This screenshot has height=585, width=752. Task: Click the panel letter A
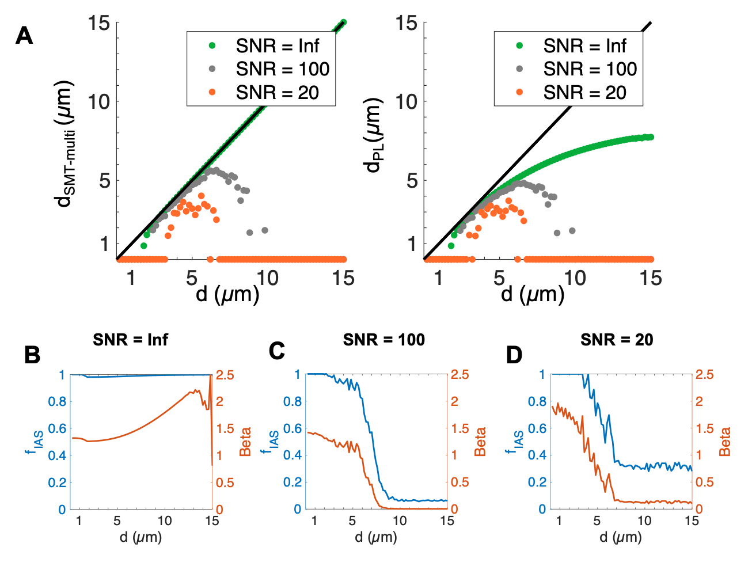coord(24,36)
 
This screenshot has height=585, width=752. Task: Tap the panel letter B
coord(32,355)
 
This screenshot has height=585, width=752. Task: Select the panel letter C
coord(277,351)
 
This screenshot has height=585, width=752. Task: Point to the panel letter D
coord(514,355)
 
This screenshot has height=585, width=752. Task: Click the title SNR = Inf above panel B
coord(130,340)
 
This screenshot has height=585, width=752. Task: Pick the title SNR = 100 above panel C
coord(383,340)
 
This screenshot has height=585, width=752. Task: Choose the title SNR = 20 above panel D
coord(617,340)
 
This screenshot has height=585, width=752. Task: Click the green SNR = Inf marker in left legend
coord(212,45)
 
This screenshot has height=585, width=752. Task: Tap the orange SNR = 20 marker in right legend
coord(520,92)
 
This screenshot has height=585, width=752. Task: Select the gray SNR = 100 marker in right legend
coord(520,69)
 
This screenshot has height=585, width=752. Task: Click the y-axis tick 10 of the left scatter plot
coord(98,102)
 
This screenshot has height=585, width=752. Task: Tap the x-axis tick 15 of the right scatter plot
coord(651,279)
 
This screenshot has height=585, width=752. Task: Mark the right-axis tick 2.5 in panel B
coord(225,375)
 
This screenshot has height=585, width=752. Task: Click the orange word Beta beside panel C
coord(481,442)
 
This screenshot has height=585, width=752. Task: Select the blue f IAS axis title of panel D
coord(516,442)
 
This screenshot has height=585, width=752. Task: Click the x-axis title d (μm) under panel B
coord(140,537)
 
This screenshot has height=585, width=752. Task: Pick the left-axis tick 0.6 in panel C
coord(292,428)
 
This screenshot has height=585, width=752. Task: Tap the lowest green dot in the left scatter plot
coord(143,246)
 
